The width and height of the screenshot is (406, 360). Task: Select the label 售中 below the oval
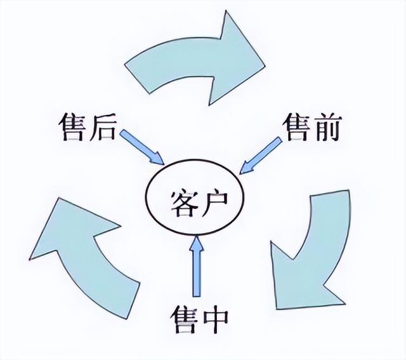coord(199,316)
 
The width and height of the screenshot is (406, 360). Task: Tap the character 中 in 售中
coord(216,316)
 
